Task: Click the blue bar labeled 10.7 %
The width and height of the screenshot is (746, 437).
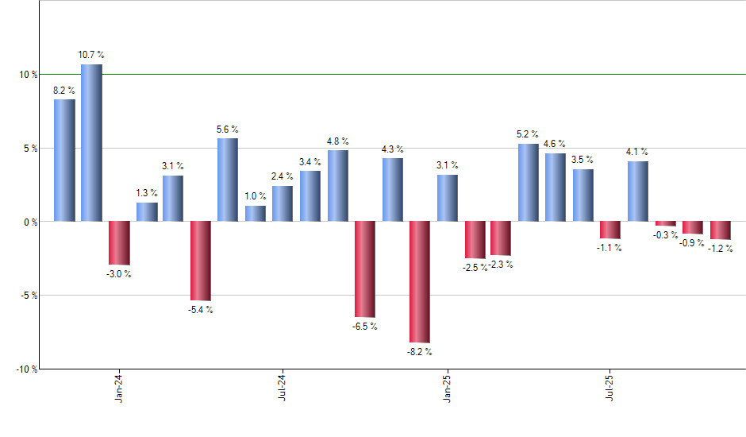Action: point(91,143)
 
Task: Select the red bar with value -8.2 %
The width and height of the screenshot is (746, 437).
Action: point(420,282)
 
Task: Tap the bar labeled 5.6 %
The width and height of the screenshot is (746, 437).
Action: point(228,180)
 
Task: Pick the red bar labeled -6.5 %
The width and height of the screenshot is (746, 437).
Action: point(365,269)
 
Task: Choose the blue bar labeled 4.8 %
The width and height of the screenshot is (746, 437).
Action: point(338,185)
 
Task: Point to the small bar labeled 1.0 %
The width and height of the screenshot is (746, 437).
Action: point(256,214)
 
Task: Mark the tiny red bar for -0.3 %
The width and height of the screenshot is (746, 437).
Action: point(665,223)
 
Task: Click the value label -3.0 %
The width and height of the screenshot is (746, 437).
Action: point(119,274)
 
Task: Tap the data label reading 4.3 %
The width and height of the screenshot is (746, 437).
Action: point(392,149)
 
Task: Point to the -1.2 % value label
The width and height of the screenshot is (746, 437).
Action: point(721,249)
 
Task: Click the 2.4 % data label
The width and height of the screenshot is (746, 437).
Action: point(283,176)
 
